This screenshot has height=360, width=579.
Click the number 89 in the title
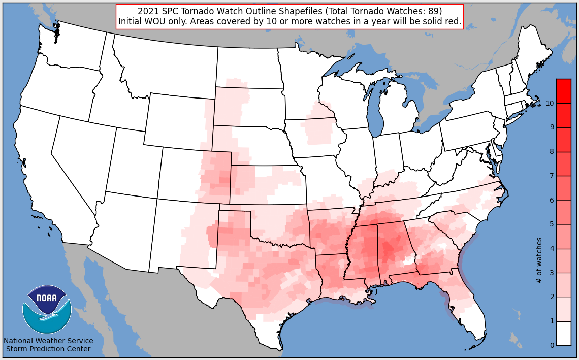point(433,11)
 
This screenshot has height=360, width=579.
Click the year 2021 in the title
point(147,11)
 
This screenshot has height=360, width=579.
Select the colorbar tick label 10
point(550,103)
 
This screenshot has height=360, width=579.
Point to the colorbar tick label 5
point(552,224)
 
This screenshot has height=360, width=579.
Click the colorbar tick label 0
point(552,346)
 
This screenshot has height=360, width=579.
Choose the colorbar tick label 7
point(552,176)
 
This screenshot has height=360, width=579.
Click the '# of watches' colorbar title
point(539,260)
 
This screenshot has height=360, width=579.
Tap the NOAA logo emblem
point(47,309)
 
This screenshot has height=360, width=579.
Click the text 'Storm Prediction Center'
point(48,349)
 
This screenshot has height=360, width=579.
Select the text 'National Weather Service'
point(48,341)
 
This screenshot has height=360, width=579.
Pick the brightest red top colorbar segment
point(563,85)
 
